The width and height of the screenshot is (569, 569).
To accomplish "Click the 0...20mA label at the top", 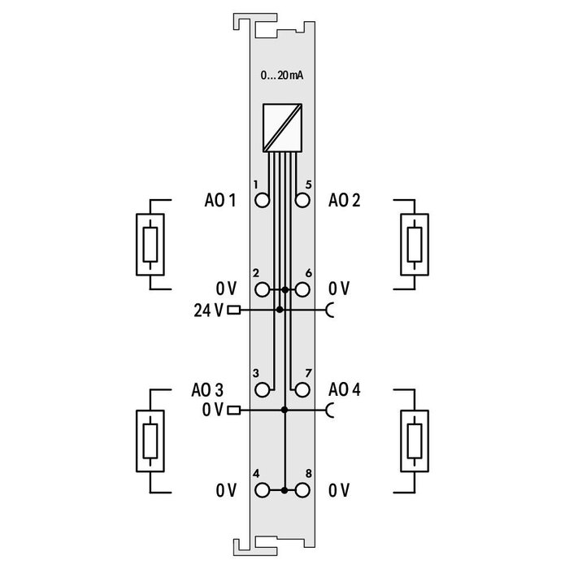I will (x=282, y=76).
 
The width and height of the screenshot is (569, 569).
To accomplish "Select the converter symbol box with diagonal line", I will (x=282, y=129).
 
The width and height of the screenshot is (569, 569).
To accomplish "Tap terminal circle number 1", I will (x=263, y=201).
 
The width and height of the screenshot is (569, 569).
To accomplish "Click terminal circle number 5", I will (x=302, y=201).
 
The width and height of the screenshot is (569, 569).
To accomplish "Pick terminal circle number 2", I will (x=263, y=289).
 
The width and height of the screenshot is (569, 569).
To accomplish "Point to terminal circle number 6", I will (x=302, y=289).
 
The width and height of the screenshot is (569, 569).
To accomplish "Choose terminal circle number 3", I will (x=263, y=390).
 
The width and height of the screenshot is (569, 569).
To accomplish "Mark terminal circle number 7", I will (x=302, y=390).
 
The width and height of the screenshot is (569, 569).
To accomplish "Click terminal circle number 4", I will (x=263, y=490).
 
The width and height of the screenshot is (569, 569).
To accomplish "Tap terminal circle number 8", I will (x=302, y=490).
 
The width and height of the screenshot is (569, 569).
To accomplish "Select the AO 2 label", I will (x=345, y=201).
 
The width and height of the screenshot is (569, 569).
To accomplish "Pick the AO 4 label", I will (x=345, y=390).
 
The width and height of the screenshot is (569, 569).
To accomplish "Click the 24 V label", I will (x=209, y=310).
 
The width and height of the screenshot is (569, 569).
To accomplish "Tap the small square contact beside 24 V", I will (x=235, y=310).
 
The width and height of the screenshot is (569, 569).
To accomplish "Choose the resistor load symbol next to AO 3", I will (x=150, y=440).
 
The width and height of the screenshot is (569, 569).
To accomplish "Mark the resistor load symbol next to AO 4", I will (x=415, y=440).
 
